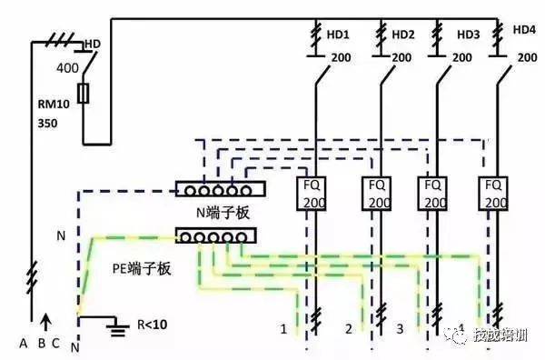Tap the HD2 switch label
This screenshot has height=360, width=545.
(x=403, y=35)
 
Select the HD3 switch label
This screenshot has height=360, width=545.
(x=468, y=35)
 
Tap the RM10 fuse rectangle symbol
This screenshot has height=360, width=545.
(x=85, y=95)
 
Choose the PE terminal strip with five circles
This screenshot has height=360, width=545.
(x=214, y=236)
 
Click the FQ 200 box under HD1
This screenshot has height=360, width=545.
(x=313, y=192)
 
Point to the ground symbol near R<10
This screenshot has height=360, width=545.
(x=115, y=325)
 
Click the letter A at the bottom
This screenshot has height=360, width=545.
(x=23, y=344)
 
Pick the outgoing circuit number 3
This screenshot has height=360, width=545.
(x=400, y=326)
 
